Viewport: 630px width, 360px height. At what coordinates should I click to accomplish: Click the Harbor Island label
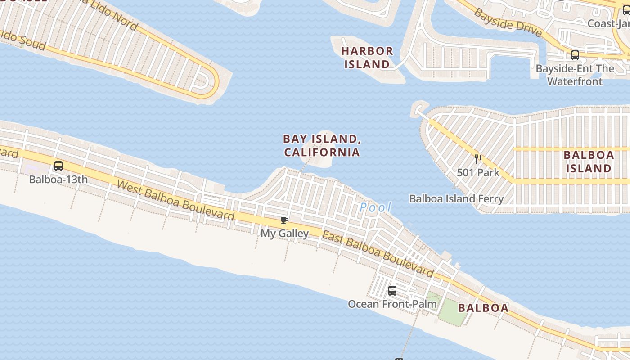pyautogui.click(x=367, y=58)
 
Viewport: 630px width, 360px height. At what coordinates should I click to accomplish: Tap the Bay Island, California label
pyautogui.click(x=322, y=145)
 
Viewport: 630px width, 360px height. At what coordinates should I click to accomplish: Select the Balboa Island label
pyautogui.click(x=589, y=162)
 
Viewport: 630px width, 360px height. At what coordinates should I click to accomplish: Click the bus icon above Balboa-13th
pyautogui.click(x=58, y=166)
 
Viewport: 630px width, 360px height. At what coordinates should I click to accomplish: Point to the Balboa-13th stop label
pyautogui.click(x=58, y=180)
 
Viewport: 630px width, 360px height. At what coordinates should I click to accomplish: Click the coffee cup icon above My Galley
pyautogui.click(x=284, y=220)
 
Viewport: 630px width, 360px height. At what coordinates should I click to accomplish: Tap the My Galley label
pyautogui.click(x=284, y=234)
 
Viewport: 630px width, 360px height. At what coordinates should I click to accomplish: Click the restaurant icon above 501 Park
pyautogui.click(x=478, y=159)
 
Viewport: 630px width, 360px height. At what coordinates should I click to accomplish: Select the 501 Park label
pyautogui.click(x=478, y=172)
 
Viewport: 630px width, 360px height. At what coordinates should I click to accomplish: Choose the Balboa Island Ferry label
pyautogui.click(x=456, y=198)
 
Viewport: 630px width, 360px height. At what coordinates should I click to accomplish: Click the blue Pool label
pyautogui.click(x=375, y=208)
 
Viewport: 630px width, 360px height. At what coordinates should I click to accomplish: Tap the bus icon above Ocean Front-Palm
pyautogui.click(x=392, y=291)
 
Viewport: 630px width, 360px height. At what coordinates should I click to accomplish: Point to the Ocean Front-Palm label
pyautogui.click(x=392, y=304)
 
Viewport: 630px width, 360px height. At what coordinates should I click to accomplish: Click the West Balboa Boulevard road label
pyautogui.click(x=175, y=200)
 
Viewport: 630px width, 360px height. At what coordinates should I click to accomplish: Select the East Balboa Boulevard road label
pyautogui.click(x=378, y=254)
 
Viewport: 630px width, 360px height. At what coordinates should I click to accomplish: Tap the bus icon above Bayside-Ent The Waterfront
pyautogui.click(x=575, y=55)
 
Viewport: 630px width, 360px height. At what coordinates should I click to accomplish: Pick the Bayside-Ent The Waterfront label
pyautogui.click(x=575, y=75)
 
